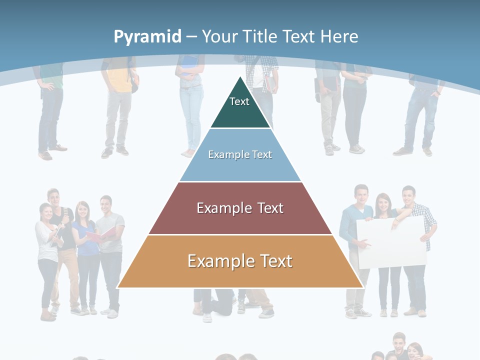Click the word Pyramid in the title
[147, 37]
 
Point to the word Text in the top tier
[239, 101]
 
